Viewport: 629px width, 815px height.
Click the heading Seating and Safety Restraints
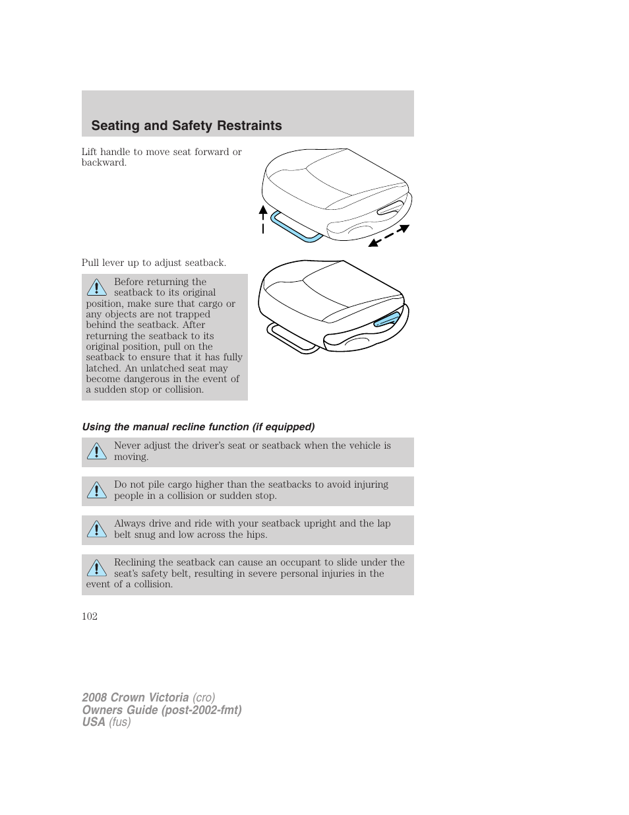187,125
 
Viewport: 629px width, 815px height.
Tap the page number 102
90,616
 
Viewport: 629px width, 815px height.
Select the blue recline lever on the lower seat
386,320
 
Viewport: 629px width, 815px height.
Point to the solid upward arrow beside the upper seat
263,218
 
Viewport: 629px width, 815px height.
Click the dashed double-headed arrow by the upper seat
389,236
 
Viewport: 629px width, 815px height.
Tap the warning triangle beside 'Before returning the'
96,287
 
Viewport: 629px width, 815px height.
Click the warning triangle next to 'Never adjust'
96,451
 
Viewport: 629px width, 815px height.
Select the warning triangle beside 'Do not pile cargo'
96,490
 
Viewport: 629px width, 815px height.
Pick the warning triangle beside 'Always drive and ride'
96,529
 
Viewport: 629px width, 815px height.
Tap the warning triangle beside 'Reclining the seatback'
96,568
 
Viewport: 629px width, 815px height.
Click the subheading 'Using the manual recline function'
198,427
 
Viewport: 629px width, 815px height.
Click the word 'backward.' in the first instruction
104,162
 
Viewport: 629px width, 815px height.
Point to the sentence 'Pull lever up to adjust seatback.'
154,263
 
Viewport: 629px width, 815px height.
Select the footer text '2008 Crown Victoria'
135,698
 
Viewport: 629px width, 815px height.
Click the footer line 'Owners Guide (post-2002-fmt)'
162,710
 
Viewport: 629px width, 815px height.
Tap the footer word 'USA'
94,722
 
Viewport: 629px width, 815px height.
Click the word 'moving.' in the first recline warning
131,457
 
